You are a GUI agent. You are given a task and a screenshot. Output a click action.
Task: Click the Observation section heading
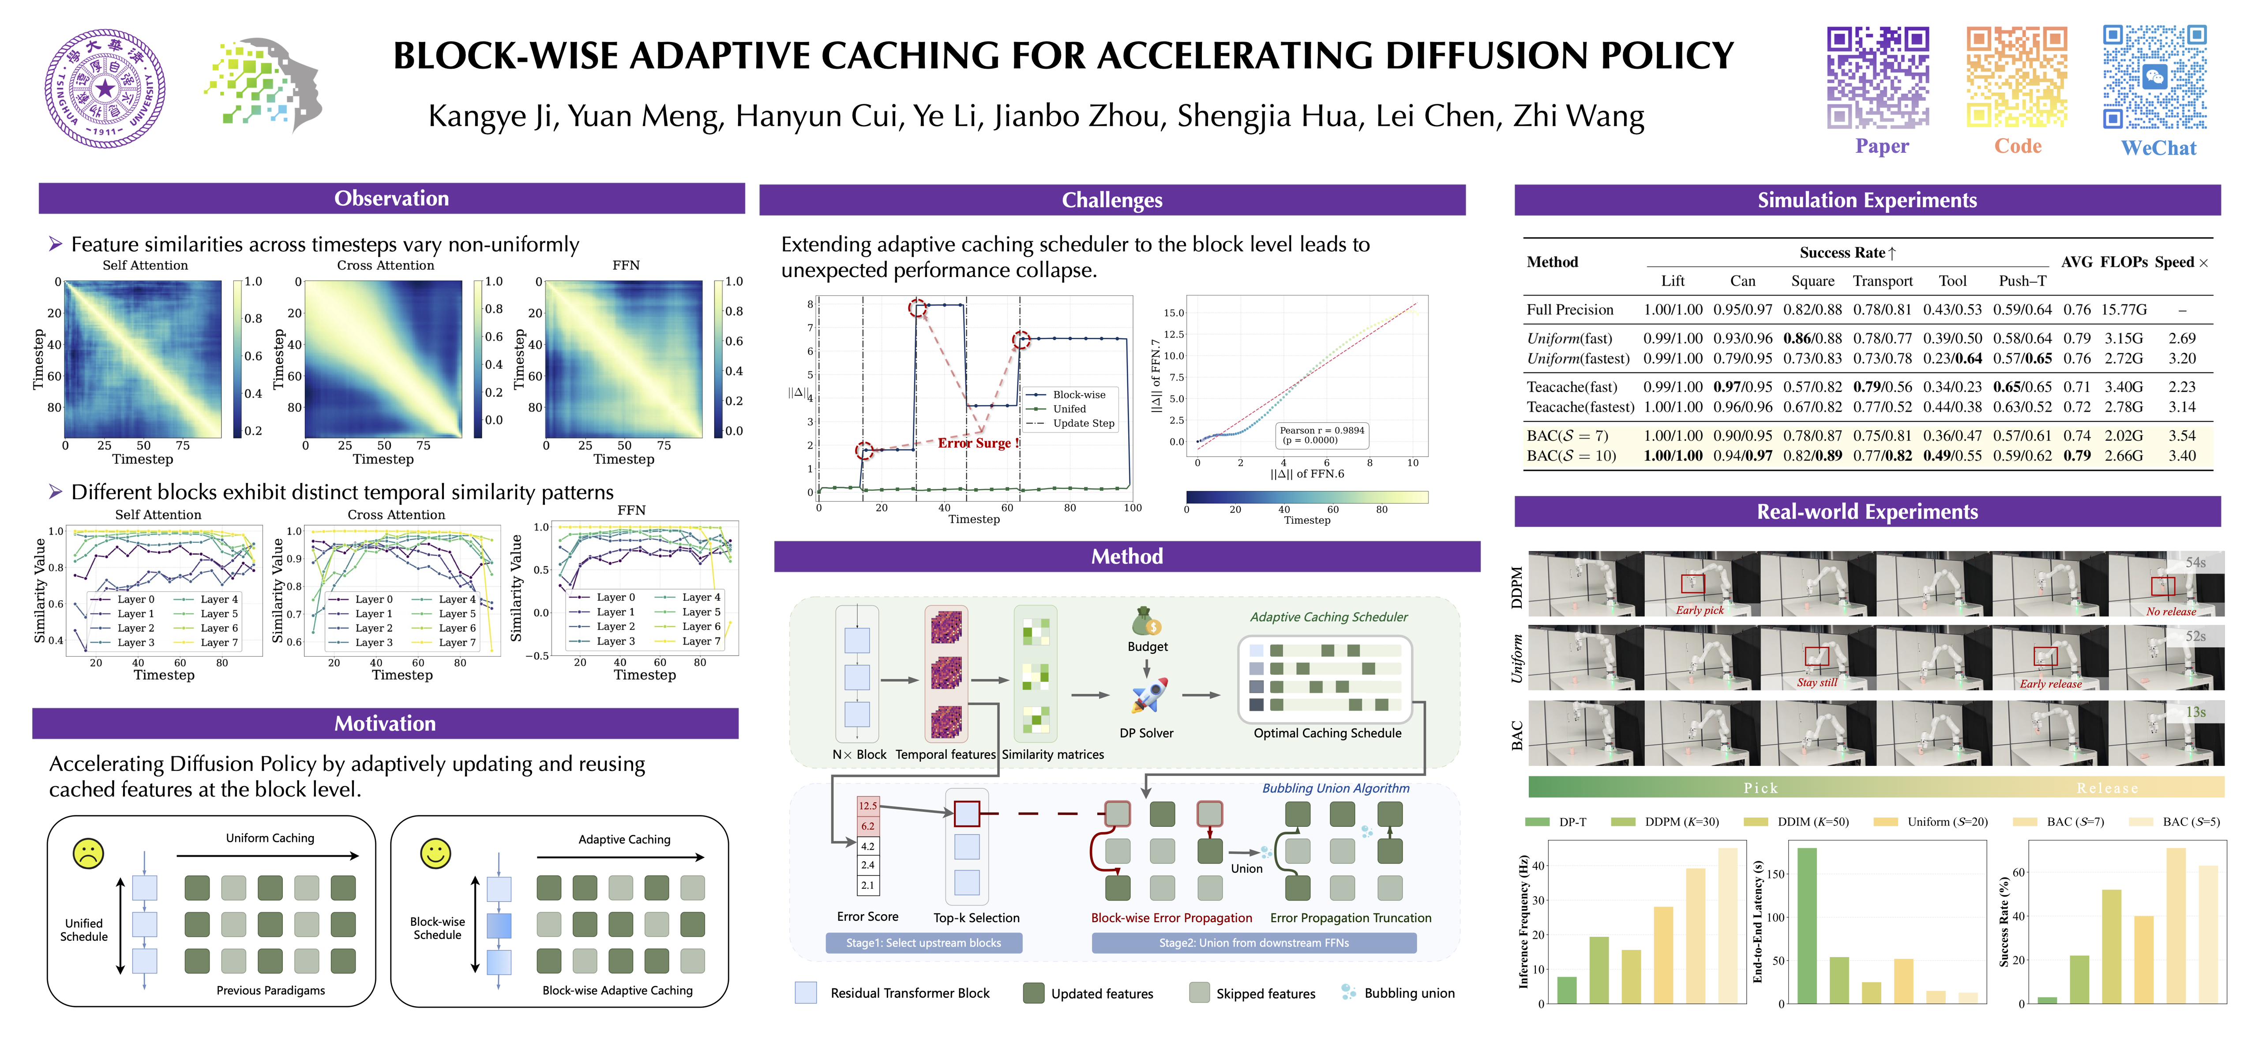click(x=391, y=198)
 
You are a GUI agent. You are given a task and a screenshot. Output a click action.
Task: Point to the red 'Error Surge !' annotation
click(x=978, y=443)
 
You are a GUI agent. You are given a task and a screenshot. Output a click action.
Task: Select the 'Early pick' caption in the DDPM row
click(x=1700, y=610)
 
